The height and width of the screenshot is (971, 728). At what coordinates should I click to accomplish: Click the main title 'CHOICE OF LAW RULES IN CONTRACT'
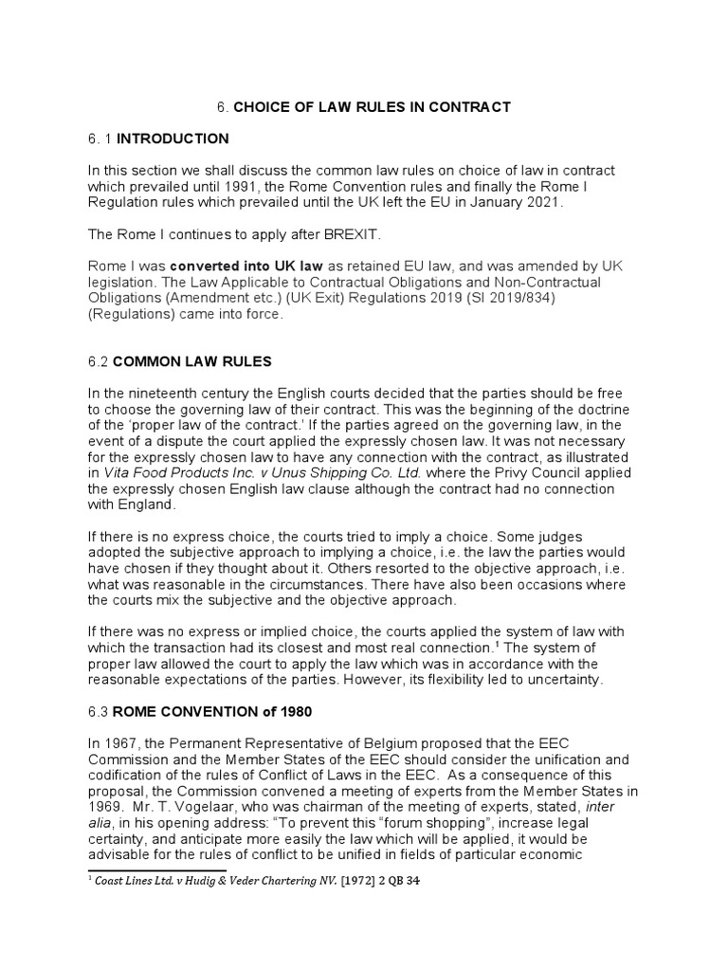(372, 107)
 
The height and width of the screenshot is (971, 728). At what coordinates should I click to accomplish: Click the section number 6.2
(97, 361)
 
